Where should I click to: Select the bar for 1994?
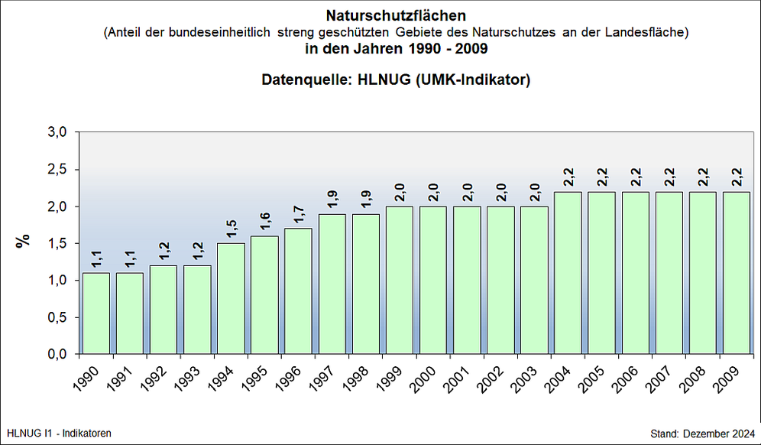click(x=231, y=299)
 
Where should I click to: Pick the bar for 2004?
click(x=568, y=273)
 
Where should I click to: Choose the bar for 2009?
click(x=737, y=273)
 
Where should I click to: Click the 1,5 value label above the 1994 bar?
click(x=232, y=229)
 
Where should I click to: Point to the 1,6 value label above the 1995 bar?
click(x=265, y=221)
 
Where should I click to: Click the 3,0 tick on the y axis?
click(x=59, y=132)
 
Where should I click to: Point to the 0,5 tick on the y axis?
click(x=59, y=317)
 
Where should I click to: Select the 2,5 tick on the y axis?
click(x=59, y=169)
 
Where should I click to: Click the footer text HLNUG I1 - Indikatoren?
click(x=59, y=434)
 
